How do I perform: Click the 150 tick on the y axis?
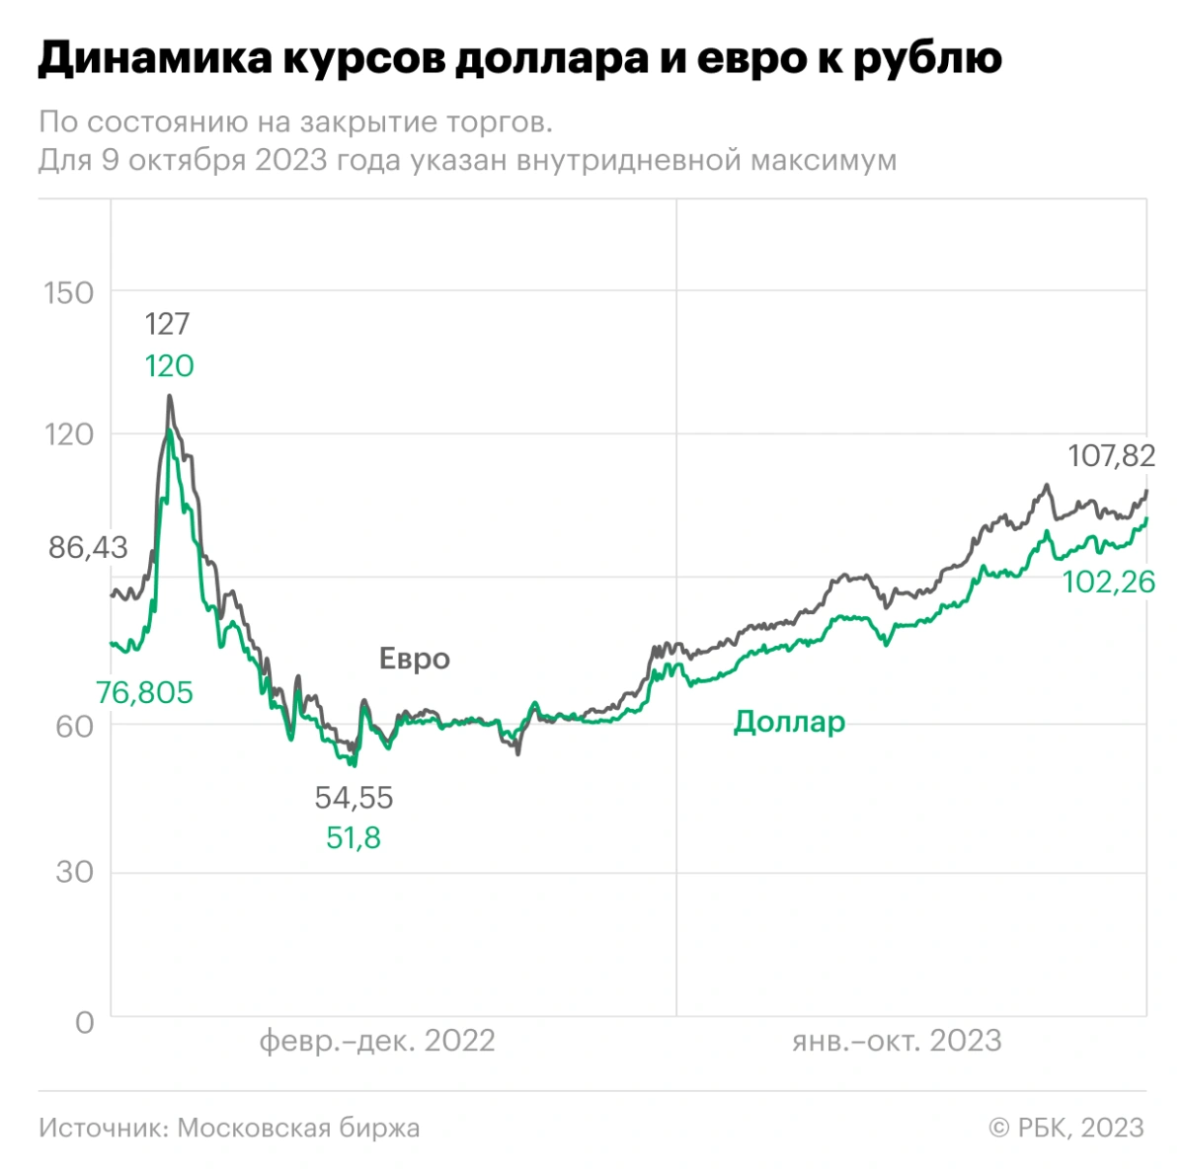[x=69, y=293]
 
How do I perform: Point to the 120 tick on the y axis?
[x=69, y=434]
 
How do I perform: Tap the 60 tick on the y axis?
[x=76, y=726]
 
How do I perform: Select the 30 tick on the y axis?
[x=76, y=873]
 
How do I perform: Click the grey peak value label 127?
[x=167, y=324]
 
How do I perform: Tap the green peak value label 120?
[x=169, y=366]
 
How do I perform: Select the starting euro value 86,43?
[x=88, y=548]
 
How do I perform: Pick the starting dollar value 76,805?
[x=144, y=693]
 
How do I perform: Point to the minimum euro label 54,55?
[x=354, y=797]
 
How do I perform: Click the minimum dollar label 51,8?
[x=354, y=838]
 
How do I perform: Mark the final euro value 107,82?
[x=1111, y=456]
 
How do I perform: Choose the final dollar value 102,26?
[x=1108, y=583]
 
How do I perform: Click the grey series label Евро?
[x=415, y=660]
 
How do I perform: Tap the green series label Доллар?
[x=789, y=723]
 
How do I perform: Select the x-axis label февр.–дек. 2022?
[x=376, y=1041]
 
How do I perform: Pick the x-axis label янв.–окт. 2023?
[x=896, y=1041]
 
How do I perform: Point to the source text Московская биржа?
[x=298, y=1128]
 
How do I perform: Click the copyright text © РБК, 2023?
[x=1066, y=1128]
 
